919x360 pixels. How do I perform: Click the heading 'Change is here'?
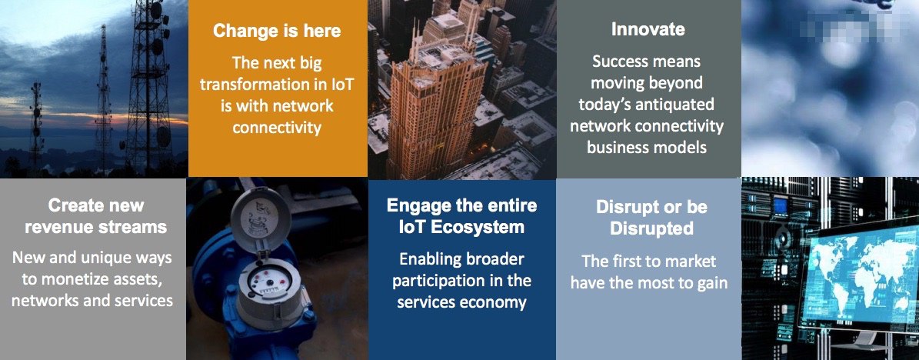tap(277, 31)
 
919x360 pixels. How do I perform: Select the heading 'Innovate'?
tap(648, 29)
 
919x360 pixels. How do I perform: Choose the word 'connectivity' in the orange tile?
tap(277, 127)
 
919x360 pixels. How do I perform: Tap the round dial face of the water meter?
tap(269, 279)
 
